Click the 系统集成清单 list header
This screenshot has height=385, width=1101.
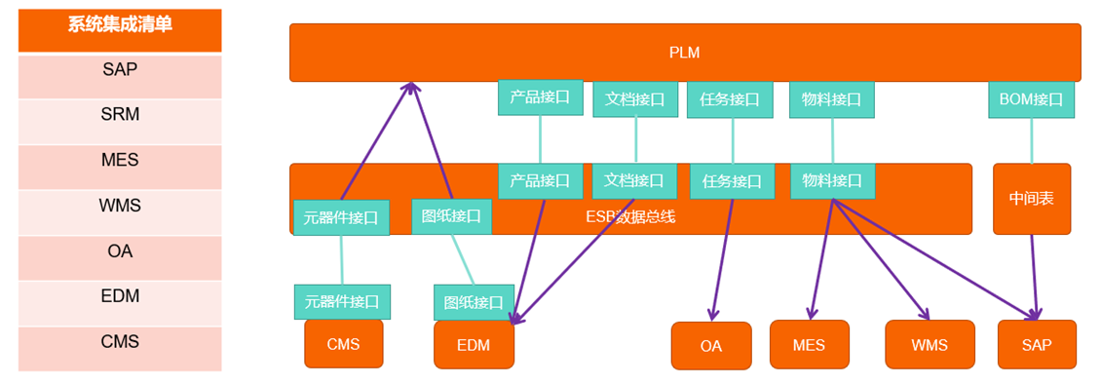point(120,26)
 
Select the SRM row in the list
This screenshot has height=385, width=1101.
point(120,114)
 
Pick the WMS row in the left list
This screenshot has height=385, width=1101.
point(120,206)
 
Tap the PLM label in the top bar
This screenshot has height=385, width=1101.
point(684,53)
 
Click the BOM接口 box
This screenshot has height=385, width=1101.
point(1031,98)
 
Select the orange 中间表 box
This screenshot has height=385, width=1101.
point(1031,199)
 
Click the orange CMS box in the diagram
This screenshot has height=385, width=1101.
point(343,344)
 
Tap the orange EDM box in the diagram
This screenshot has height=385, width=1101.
point(474,346)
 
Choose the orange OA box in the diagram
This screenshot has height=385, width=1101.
point(710,346)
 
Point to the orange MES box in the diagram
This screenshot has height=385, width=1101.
point(809,345)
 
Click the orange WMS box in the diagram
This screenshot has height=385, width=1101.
point(929,345)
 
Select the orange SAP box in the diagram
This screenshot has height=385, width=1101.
point(1037,345)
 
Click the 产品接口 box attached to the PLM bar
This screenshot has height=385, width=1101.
point(540,97)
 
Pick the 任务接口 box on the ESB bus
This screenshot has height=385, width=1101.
point(732,181)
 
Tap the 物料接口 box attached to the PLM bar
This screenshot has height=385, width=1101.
point(831,98)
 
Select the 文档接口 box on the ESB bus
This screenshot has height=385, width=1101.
point(633,180)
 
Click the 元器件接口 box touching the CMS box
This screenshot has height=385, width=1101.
point(342,302)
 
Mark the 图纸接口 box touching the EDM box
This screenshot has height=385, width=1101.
point(474,302)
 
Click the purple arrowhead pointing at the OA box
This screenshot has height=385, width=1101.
point(713,313)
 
